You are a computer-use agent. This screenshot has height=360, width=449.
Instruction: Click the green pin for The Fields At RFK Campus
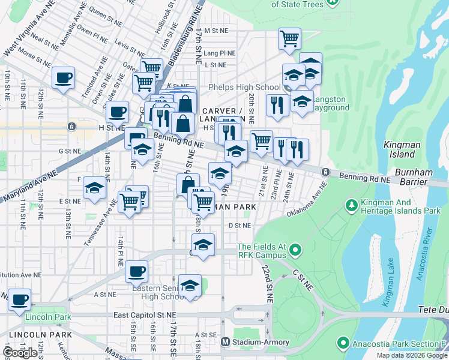pyautogui.click(x=295, y=249)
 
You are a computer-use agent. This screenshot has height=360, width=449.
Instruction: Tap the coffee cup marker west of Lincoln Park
pyautogui.click(x=20, y=298)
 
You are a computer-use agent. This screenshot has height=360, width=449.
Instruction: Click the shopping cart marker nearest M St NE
pyautogui.click(x=289, y=39)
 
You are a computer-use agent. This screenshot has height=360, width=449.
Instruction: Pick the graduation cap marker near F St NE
pyautogui.click(x=94, y=188)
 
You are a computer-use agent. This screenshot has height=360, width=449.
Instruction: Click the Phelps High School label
pyautogui.click(x=240, y=87)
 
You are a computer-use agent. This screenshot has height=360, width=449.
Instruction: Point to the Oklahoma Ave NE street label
pyautogui.click(x=309, y=203)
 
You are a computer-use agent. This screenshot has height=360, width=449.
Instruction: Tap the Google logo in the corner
pyautogui.click(x=20, y=352)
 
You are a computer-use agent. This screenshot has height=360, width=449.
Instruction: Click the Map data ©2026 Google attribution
pyautogui.click(x=411, y=355)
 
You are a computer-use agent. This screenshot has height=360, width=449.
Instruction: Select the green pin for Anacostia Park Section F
pyautogui.click(x=343, y=343)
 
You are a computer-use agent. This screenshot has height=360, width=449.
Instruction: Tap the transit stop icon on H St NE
pyautogui.click(x=71, y=127)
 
